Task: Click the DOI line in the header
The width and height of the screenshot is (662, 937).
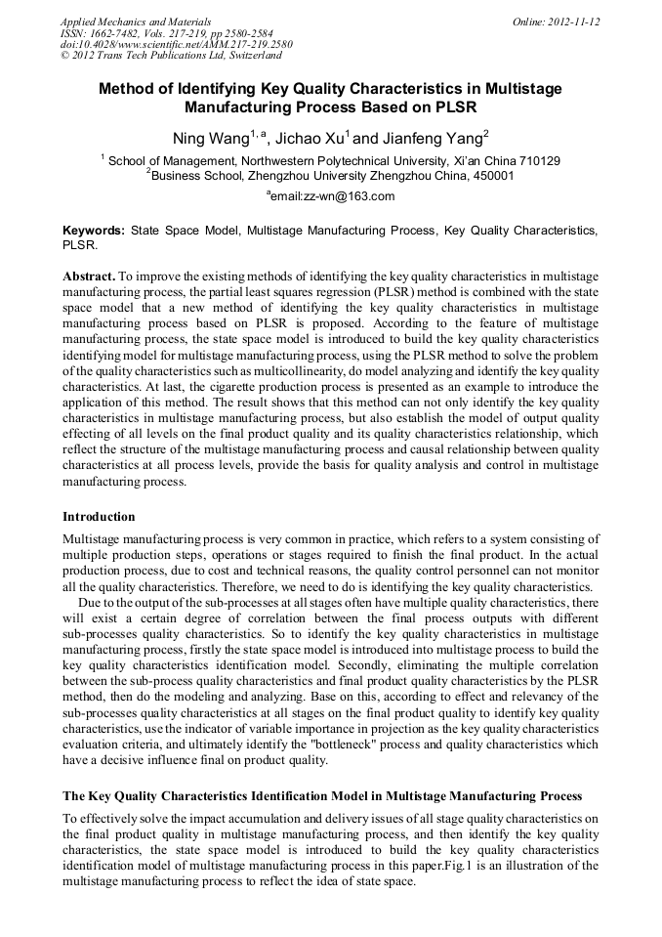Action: click(176, 44)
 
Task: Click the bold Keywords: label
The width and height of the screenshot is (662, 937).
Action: click(94, 230)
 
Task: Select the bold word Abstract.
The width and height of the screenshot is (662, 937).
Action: click(89, 277)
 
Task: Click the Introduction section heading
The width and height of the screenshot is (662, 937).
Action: click(99, 516)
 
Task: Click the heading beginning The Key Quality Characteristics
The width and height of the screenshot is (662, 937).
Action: click(322, 795)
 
